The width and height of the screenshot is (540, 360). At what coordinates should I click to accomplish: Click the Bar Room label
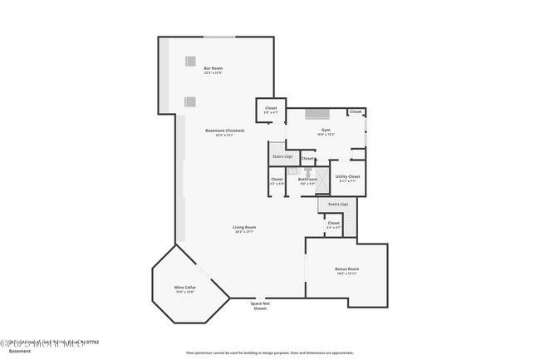tap(214, 70)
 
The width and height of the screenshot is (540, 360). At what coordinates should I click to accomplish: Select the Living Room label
tap(243, 229)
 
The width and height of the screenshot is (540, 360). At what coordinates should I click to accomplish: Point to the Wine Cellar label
tap(184, 288)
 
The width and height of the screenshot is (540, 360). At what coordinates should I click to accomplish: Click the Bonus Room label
tap(346, 270)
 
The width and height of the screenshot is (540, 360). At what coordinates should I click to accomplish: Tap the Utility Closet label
tap(347, 177)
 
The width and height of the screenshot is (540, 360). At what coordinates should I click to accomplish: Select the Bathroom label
tap(308, 180)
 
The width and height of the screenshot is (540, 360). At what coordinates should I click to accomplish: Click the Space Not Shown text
tap(260, 305)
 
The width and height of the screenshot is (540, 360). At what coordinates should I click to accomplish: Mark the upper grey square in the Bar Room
tap(190, 61)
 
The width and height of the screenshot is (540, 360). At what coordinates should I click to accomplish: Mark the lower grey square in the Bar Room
tap(190, 101)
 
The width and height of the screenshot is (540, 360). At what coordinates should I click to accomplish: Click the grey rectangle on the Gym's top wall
tap(317, 114)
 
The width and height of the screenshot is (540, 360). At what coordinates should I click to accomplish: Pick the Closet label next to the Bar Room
tap(271, 109)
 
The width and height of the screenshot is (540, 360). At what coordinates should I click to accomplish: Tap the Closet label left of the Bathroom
tap(277, 180)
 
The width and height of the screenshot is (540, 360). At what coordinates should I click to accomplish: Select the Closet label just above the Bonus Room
tap(333, 224)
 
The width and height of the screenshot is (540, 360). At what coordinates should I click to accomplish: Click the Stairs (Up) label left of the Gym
tap(282, 156)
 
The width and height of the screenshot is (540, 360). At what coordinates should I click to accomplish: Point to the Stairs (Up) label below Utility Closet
tap(337, 204)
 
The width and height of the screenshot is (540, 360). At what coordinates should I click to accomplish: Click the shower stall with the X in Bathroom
tap(307, 170)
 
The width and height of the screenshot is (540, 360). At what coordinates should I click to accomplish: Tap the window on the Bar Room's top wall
tap(219, 37)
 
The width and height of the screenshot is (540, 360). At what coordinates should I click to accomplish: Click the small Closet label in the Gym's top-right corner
tap(356, 111)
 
